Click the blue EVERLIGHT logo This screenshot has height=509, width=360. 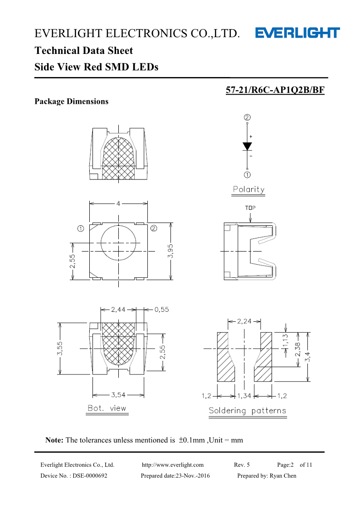(x=297, y=33)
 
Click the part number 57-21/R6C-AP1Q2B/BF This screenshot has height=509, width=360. (x=275, y=90)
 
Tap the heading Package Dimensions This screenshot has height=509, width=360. (x=72, y=101)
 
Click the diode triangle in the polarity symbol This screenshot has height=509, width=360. (x=248, y=146)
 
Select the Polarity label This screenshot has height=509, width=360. (x=248, y=189)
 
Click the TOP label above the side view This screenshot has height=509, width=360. (x=250, y=208)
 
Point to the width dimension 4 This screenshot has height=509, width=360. (x=118, y=204)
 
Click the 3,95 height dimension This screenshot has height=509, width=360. (x=170, y=251)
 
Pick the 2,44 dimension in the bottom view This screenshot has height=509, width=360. (x=118, y=310)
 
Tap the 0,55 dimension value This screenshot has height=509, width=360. (x=161, y=310)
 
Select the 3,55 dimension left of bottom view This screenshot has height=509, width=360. (x=60, y=348)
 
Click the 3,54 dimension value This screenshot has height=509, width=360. (x=118, y=395)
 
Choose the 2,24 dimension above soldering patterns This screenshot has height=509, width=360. (x=244, y=321)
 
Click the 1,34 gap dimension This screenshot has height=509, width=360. (x=244, y=396)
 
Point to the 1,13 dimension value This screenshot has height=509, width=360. (x=285, y=341)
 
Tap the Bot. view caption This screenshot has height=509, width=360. (x=107, y=408)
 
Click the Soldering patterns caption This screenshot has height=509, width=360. (x=248, y=411)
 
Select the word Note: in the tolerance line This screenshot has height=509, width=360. (x=54, y=440)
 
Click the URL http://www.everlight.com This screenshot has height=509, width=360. (x=173, y=465)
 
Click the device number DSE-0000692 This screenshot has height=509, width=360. (x=90, y=475)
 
